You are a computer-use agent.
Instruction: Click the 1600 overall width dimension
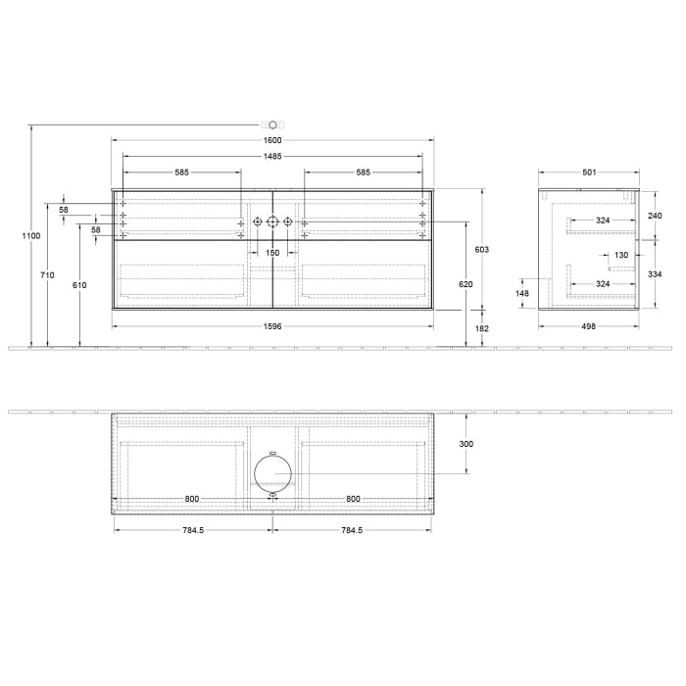click(272, 142)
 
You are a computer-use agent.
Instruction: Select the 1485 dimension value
click(272, 157)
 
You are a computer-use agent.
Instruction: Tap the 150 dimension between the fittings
click(272, 253)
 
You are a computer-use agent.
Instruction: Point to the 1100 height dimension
click(31, 236)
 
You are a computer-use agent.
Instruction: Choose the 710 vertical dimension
click(47, 275)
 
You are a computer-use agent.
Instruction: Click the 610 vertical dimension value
click(79, 285)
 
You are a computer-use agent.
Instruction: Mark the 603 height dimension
click(481, 250)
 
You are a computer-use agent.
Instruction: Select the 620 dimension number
click(465, 283)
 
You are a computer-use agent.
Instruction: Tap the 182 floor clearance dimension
click(481, 329)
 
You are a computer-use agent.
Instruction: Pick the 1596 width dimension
click(272, 326)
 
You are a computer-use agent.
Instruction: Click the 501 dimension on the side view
click(589, 172)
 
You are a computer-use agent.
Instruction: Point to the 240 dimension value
click(656, 216)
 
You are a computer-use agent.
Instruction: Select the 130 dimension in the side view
click(621, 255)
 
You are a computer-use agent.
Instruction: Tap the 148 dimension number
click(522, 292)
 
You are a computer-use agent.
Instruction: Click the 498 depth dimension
click(589, 326)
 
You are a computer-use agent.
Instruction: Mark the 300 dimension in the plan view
click(465, 444)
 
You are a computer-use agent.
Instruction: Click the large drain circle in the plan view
click(272, 473)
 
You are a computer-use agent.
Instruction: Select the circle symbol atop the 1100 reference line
click(272, 125)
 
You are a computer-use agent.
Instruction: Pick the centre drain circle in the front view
click(272, 222)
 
